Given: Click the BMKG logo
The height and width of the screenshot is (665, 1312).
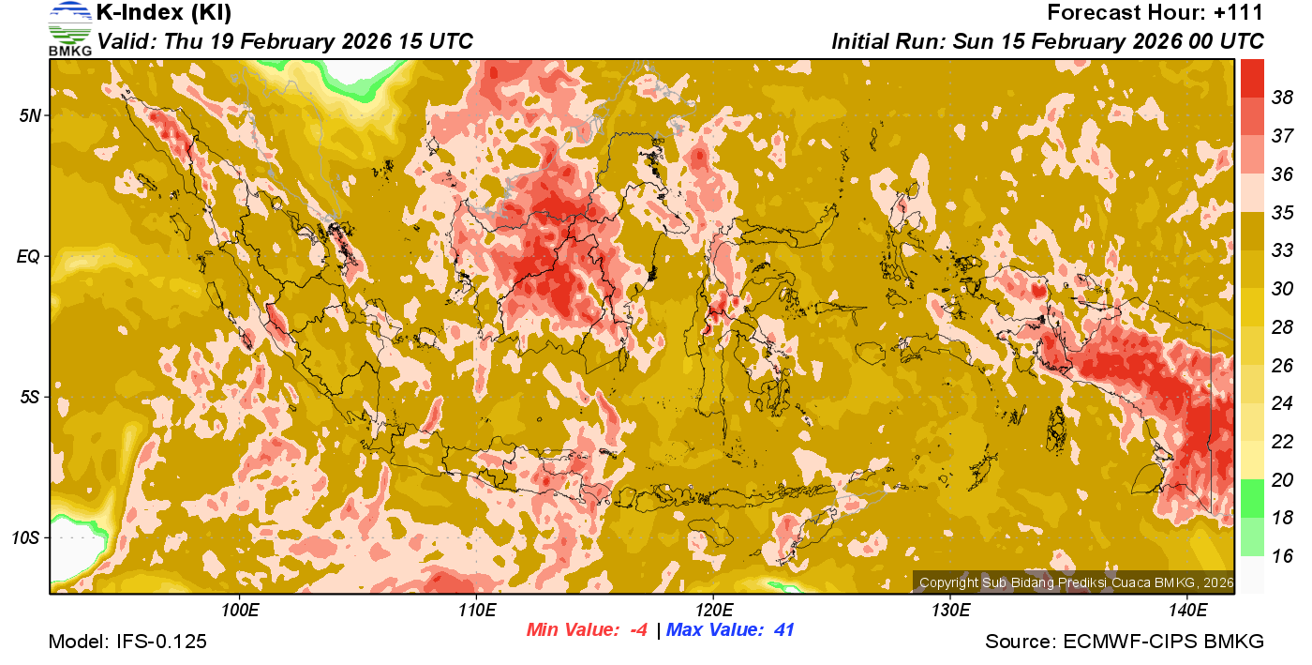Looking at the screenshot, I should [x=69, y=29].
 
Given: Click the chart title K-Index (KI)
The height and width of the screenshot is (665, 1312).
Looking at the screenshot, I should [x=164, y=13].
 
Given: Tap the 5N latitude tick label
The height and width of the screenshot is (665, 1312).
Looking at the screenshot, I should [x=29, y=115].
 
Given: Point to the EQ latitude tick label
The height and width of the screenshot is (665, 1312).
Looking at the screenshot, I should [x=27, y=256].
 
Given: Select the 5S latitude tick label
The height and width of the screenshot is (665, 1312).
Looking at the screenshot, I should [x=29, y=397].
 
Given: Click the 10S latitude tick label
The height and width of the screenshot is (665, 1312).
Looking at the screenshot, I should [x=25, y=537].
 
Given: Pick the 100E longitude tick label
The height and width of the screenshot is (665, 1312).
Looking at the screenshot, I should [x=240, y=611].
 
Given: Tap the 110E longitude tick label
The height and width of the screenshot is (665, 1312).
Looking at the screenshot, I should [x=476, y=611].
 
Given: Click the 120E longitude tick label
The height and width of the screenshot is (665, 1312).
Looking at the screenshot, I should [x=713, y=611].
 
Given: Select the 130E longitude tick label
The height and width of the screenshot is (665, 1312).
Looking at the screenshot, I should [x=950, y=611].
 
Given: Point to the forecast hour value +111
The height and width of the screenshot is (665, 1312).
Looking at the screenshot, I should [x=1242, y=13].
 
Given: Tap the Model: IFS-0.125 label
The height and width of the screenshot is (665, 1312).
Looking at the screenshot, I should [x=127, y=642].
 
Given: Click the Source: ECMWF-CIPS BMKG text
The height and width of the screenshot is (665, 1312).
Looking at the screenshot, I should [x=1125, y=642].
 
